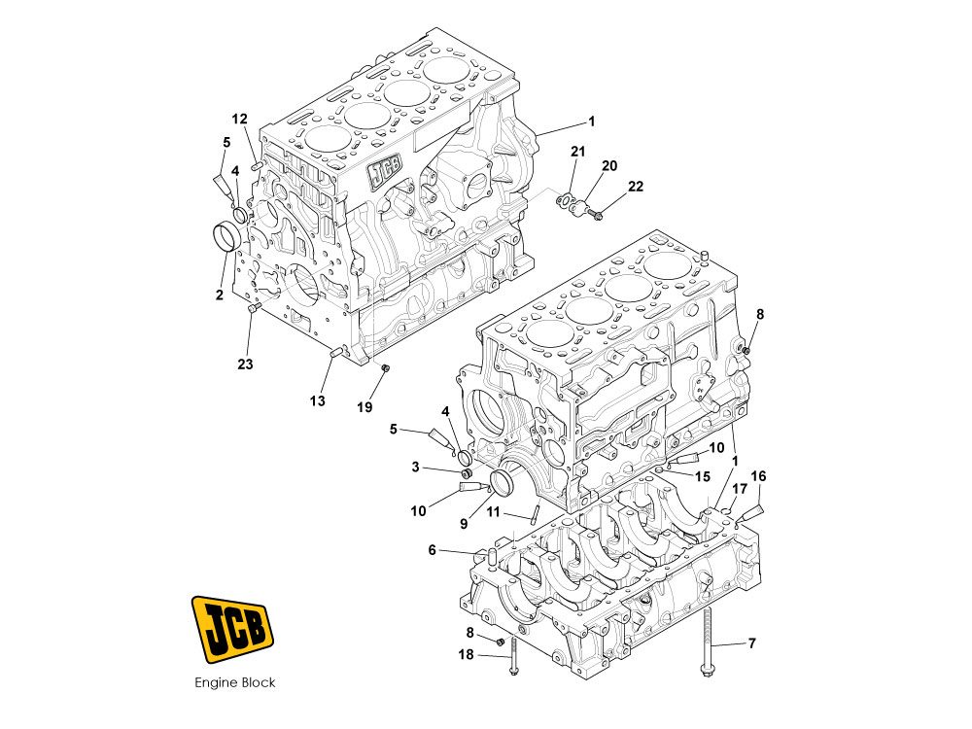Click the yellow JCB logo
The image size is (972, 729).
click(232, 629)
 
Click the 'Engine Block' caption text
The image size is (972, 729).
click(235, 682)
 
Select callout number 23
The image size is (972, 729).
click(246, 364)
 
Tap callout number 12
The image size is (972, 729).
click(240, 119)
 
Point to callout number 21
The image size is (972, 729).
click(577, 152)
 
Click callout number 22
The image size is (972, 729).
click(636, 186)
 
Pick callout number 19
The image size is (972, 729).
click(364, 406)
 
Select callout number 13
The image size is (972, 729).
click(318, 401)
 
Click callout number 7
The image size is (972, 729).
click(752, 643)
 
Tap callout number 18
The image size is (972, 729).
click(466, 654)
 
